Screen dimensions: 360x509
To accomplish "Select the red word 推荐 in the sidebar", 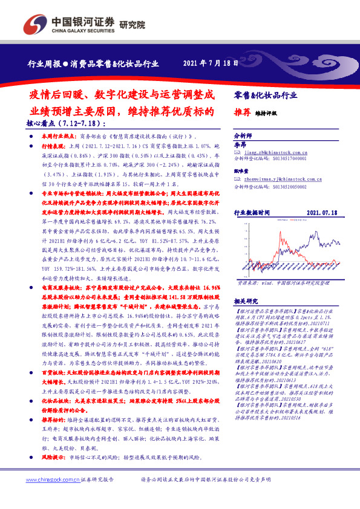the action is coord(241,112).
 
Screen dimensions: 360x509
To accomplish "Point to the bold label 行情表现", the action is coord(53,146).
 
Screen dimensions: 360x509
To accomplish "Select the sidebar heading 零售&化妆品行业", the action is coord(266,96).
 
